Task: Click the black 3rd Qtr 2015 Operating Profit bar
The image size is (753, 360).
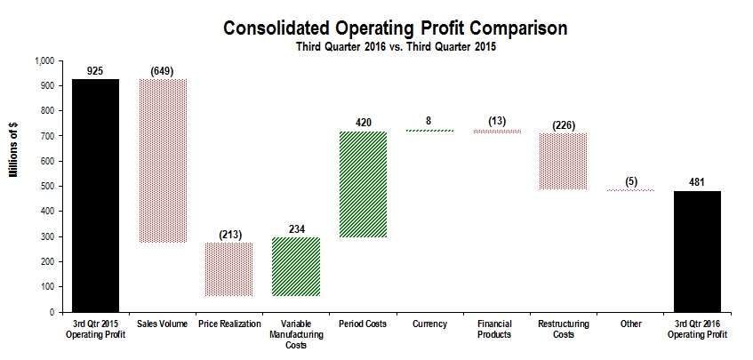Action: (x=95, y=196)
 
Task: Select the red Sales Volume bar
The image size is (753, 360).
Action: (x=164, y=161)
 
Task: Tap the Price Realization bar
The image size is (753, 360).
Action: (x=229, y=269)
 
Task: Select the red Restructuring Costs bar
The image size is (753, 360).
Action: (x=563, y=161)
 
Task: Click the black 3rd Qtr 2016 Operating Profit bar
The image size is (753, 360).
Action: (x=697, y=252)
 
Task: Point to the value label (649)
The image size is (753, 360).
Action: (x=164, y=70)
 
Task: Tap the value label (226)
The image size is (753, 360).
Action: (x=563, y=124)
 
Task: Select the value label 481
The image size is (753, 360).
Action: (x=697, y=182)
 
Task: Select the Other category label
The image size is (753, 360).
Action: (x=630, y=324)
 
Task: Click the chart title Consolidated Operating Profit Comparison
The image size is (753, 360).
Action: (x=396, y=28)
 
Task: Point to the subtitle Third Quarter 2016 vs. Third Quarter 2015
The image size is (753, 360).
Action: (x=396, y=46)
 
